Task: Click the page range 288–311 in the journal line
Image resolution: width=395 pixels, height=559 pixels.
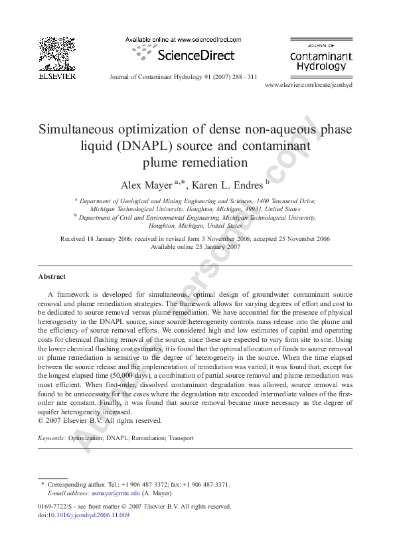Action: pos(243,76)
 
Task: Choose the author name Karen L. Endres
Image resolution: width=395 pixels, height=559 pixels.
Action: pos(228,183)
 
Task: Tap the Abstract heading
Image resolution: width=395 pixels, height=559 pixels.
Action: pos(52,276)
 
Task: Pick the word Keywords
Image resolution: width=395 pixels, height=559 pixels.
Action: pos(51,439)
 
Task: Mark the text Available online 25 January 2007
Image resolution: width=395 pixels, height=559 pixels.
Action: pos(195,247)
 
